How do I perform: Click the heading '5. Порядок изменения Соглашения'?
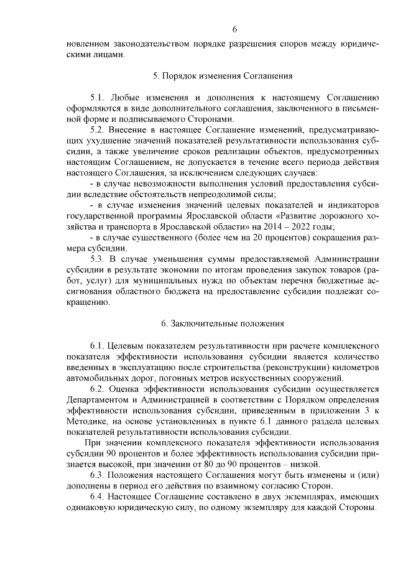[x=222, y=76]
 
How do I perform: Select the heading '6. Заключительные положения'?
[x=222, y=323]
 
